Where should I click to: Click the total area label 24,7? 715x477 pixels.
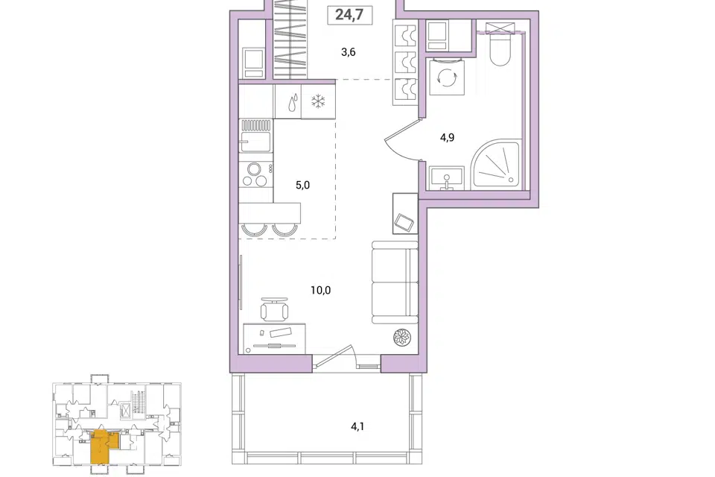point(349,15)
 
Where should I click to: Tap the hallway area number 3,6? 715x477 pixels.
point(349,52)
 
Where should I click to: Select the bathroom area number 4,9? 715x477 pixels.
point(447,137)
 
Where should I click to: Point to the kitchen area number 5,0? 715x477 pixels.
point(303,185)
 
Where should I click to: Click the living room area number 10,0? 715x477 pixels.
point(320,290)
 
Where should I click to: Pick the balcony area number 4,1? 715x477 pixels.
point(357,427)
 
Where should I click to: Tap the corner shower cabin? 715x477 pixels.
point(496,164)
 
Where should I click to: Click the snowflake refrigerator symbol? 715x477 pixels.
point(317,101)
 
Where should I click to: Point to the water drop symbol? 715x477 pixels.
point(292,103)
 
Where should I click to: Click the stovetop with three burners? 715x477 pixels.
point(255,174)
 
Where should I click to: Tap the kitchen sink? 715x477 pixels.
point(255,136)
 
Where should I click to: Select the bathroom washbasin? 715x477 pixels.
point(446,177)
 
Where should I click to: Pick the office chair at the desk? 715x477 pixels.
point(274,309)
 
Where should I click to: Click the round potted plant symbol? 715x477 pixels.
point(403,338)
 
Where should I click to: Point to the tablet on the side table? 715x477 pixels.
point(405,222)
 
